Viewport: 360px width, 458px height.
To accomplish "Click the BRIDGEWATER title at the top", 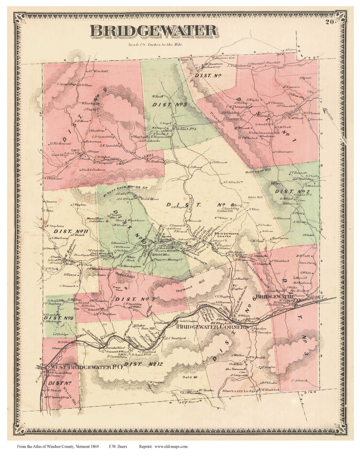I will [153, 31].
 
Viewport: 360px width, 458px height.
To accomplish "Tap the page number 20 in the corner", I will [330, 22].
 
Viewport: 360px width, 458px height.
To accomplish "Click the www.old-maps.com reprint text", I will [171, 446].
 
